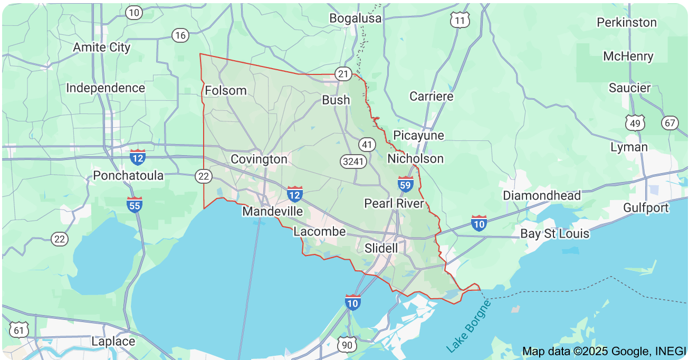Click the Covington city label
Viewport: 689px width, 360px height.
(259, 159)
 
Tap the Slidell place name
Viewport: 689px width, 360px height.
(381, 247)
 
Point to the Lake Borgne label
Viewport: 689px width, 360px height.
(468, 326)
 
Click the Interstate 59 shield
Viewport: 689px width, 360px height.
(406, 184)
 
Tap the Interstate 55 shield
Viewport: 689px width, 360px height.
(135, 204)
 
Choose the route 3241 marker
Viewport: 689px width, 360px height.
(353, 161)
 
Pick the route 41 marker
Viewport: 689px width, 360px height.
(367, 144)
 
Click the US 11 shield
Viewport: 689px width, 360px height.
(460, 21)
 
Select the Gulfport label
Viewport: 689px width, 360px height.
(646, 207)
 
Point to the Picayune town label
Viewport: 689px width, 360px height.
(418, 135)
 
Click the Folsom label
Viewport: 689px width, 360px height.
(225, 90)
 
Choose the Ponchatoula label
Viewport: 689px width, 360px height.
(128, 175)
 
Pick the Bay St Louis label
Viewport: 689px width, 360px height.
(554, 233)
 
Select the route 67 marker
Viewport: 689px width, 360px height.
(670, 123)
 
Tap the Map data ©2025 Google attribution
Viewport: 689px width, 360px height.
(604, 351)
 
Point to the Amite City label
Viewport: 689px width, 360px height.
(101, 47)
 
